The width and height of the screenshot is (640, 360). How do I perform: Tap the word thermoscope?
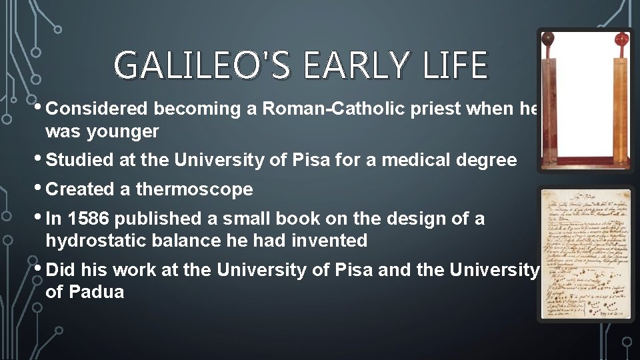pyautogui.click(x=194, y=189)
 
